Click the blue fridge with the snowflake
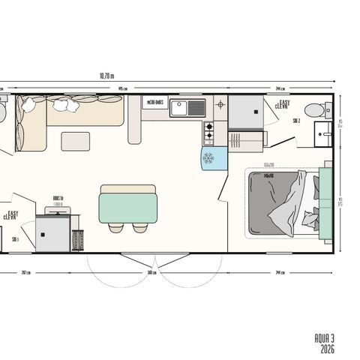(x=209, y=157)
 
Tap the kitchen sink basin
(x=180, y=109)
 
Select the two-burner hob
(x=208, y=133)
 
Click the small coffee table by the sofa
(x=75, y=140)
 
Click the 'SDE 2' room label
(x=296, y=120)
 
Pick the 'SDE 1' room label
(x=15, y=239)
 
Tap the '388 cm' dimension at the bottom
(x=151, y=271)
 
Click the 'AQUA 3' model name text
(x=324, y=339)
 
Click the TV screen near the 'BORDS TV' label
(x=53, y=212)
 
